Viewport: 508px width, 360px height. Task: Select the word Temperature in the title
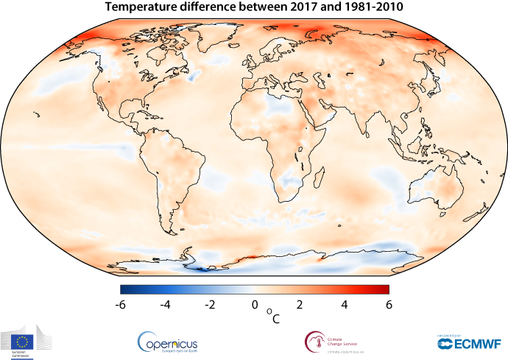coord(143,7)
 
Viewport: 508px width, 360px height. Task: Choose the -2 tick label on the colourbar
coord(210,304)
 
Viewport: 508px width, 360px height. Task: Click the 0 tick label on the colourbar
coord(255,304)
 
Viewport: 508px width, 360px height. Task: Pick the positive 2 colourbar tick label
coord(300,304)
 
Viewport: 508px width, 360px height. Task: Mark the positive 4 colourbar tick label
coord(345,304)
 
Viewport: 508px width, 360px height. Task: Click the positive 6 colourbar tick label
coord(388,304)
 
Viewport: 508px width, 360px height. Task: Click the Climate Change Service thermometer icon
coord(314,341)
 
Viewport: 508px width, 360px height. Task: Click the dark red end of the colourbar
coord(384,289)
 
